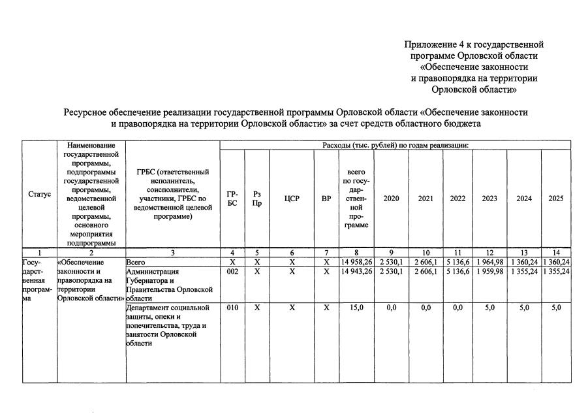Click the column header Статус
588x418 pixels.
(x=39, y=194)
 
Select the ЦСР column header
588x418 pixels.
(x=292, y=199)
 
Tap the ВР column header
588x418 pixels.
(x=326, y=199)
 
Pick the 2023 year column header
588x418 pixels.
(x=489, y=199)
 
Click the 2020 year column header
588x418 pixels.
(x=391, y=199)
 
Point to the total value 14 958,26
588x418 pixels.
(x=356, y=262)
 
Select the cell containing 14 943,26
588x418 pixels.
(x=356, y=272)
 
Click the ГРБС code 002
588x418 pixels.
(x=232, y=272)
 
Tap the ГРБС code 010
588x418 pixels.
(x=232, y=308)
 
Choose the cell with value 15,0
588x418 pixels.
(x=356, y=308)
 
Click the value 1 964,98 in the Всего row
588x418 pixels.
(x=489, y=262)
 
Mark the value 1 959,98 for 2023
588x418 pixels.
(x=489, y=272)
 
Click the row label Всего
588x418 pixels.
(x=136, y=262)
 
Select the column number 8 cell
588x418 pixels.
(x=356, y=252)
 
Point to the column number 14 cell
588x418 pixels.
(x=556, y=252)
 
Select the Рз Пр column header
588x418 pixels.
(x=257, y=199)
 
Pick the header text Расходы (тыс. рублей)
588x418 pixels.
(x=362, y=144)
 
